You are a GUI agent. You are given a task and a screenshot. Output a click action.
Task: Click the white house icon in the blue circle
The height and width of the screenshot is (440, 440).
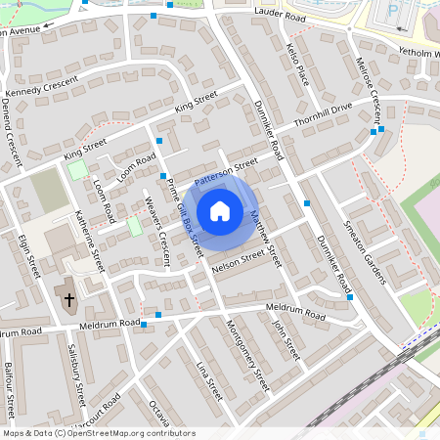tap(220, 211)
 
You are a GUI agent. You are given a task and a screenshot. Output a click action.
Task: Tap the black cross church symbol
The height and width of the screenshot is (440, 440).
tap(68, 299)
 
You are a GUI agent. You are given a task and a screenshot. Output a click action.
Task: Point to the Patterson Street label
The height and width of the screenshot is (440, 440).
tap(226, 171)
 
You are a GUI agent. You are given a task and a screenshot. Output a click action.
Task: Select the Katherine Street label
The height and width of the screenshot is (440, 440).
tap(89, 242)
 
